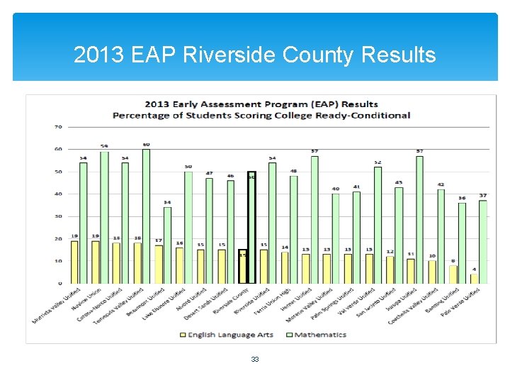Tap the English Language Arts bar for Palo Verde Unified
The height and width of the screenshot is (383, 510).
pos(474,278)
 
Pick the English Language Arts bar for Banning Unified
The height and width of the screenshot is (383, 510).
pos(453,274)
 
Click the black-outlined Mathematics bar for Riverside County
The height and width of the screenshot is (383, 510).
pos(251,227)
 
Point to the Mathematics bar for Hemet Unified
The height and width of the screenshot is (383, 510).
pos(314,219)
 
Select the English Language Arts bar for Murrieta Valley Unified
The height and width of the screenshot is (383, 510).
pos(74,262)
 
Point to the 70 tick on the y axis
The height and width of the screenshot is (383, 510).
pos(58,127)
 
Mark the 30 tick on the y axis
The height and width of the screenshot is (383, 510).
pos(58,216)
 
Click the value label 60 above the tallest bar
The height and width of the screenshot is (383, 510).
pos(147,145)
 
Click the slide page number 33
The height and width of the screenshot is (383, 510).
pos(255,360)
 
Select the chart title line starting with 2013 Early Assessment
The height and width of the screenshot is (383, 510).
pos(261,104)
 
